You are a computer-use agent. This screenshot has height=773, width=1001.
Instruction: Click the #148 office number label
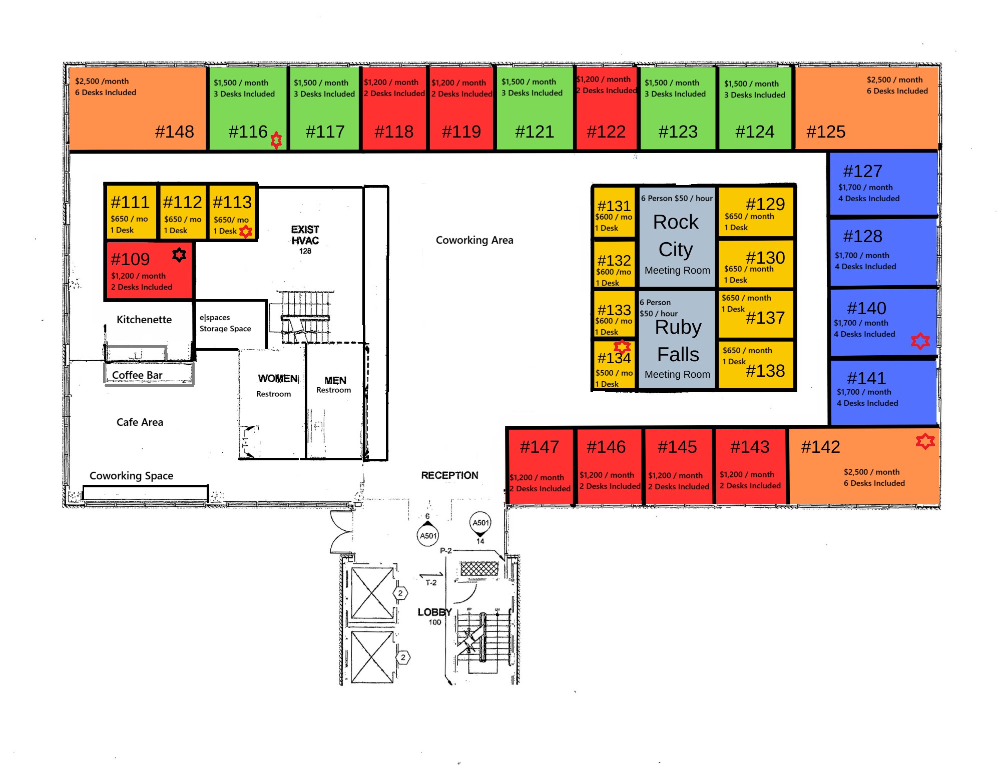[x=174, y=132]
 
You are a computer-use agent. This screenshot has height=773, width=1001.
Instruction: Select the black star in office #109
[x=179, y=255]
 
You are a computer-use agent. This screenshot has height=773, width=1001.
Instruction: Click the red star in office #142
[x=925, y=441]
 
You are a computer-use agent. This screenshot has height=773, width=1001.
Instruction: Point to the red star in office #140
[x=920, y=341]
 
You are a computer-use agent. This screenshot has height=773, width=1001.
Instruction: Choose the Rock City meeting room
[x=677, y=237]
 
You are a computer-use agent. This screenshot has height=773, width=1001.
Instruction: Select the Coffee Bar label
[x=137, y=375]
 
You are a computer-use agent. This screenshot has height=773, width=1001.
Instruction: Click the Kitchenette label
[x=144, y=319]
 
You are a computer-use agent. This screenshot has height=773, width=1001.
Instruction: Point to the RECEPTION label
[x=449, y=475]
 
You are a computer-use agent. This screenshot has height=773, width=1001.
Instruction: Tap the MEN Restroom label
[x=334, y=385]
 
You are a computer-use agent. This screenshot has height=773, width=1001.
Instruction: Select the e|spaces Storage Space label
[x=225, y=323]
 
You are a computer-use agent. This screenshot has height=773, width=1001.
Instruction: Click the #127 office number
[x=862, y=171]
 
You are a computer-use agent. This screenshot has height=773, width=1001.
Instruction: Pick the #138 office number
[x=765, y=371]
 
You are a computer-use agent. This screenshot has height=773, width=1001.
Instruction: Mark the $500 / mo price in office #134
[x=614, y=373]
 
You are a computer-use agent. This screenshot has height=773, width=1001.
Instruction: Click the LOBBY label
[x=434, y=612]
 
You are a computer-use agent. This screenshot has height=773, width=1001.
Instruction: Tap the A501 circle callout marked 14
[x=480, y=523]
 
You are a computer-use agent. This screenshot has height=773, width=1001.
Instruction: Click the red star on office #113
[x=246, y=232]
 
